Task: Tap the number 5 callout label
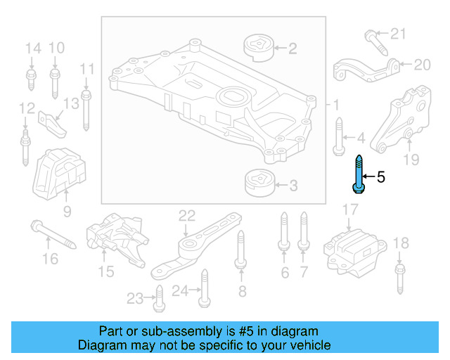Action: pyautogui.click(x=381, y=177)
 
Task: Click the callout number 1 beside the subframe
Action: pyautogui.click(x=336, y=105)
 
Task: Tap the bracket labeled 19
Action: pyautogui.click(x=400, y=120)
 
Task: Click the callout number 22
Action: pyautogui.click(x=186, y=215)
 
